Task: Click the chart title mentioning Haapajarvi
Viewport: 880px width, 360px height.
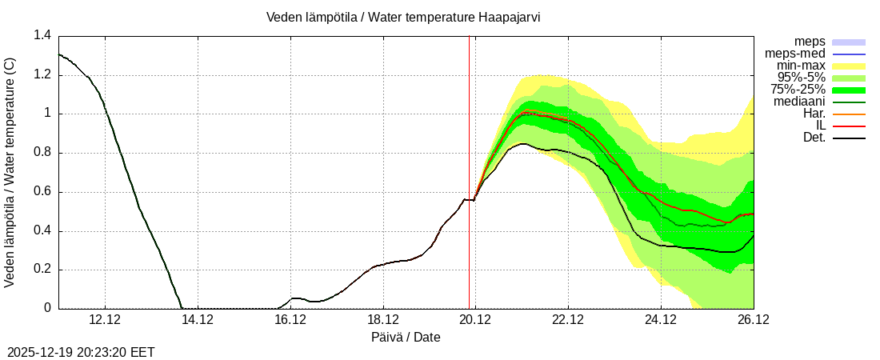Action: click(x=403, y=17)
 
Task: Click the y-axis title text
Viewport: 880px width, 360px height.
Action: click(x=10, y=172)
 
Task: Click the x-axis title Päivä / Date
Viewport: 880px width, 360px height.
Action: click(x=406, y=337)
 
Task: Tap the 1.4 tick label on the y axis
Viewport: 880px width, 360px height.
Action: click(x=42, y=36)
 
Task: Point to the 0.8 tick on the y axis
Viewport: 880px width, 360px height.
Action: click(x=42, y=153)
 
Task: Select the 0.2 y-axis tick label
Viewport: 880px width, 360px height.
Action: click(x=42, y=270)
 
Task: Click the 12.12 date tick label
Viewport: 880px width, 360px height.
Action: click(x=105, y=318)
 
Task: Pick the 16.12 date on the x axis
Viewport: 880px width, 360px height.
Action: click(x=290, y=318)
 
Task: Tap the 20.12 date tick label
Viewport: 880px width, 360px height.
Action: click(x=475, y=318)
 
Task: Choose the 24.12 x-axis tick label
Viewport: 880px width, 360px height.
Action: click(x=661, y=318)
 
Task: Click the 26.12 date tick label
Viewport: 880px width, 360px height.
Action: click(x=753, y=318)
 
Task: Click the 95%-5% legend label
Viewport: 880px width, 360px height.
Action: click(x=801, y=78)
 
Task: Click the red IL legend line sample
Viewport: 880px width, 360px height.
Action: click(x=850, y=126)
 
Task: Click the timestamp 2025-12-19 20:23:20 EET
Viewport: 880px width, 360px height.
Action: click(x=81, y=352)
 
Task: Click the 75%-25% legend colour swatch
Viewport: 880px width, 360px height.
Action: click(x=850, y=90)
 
